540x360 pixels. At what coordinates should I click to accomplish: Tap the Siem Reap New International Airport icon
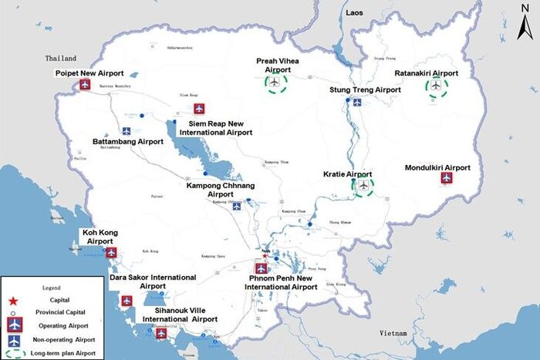coord(199,109)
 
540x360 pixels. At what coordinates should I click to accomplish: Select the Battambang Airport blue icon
coord(127,130)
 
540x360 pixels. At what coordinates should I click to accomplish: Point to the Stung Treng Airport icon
coord(356,101)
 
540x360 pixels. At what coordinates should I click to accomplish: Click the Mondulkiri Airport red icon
coord(446,178)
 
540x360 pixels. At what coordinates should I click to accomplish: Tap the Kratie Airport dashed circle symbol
coord(363,185)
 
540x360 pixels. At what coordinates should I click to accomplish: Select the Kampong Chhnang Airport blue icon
coord(237,206)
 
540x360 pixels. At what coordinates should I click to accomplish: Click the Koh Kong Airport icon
coord(111,252)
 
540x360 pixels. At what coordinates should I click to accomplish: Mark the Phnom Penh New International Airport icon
coord(262,268)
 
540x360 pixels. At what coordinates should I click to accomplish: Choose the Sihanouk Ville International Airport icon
coord(161,333)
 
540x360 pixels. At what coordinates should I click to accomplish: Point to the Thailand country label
coord(61,59)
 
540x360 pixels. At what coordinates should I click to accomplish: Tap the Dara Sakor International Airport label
coord(153,281)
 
